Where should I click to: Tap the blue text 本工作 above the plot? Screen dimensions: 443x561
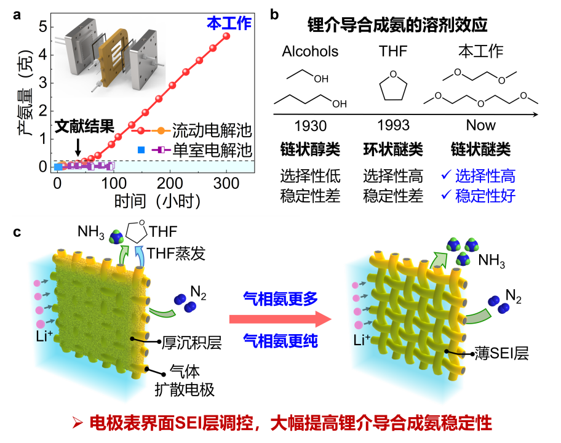coord(229,23)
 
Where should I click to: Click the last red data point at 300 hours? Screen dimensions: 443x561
coord(227,36)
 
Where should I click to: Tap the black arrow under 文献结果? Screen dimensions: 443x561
coord(78,146)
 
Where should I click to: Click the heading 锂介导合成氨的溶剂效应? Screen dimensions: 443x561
coord(397,25)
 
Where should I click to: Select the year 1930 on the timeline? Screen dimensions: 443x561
coord(310,126)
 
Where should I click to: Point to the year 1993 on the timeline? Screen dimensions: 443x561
coord(393,126)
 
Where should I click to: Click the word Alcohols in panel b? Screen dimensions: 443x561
coord(310,52)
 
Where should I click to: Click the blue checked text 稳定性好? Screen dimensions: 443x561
coord(485,196)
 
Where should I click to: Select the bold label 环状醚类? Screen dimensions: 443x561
coord(393,150)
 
